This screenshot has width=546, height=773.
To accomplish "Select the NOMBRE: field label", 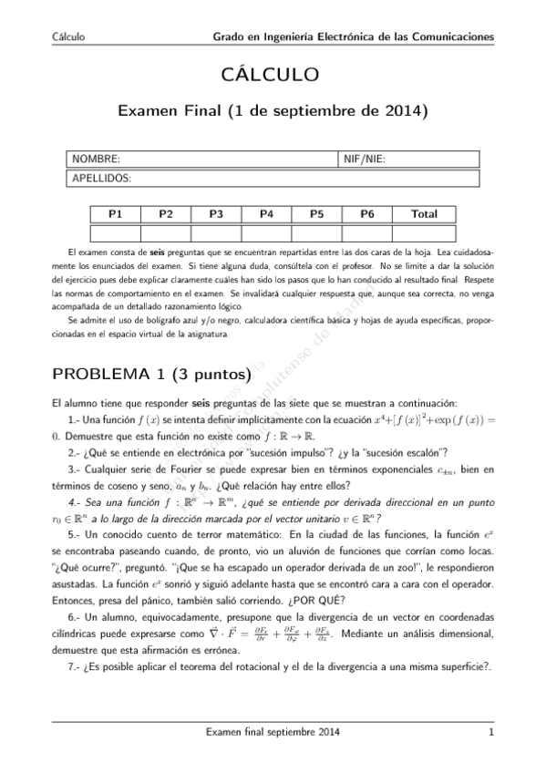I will [x=97, y=160].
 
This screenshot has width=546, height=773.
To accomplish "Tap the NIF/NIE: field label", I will [x=365, y=160].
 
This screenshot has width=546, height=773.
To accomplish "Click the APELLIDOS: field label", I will [x=102, y=178].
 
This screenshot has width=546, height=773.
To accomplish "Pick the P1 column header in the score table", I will [x=116, y=214].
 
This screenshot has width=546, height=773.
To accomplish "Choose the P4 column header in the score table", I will [x=266, y=214].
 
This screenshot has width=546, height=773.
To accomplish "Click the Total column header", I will [x=424, y=214].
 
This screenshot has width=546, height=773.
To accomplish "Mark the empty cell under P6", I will [x=366, y=232].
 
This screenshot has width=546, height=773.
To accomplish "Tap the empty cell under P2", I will [x=166, y=232].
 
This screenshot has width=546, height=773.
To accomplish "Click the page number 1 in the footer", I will [x=490, y=732].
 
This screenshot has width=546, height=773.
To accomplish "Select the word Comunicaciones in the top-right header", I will [x=454, y=37].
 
